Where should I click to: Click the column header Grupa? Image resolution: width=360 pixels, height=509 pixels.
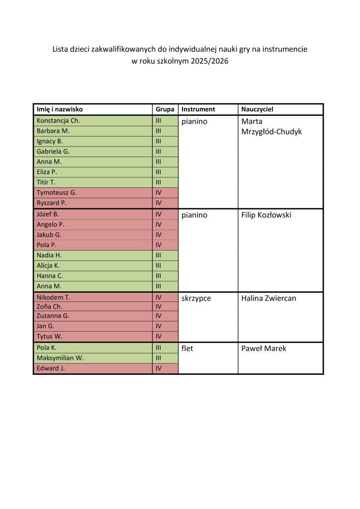[165, 109]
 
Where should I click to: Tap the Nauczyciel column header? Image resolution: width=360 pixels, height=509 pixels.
[257, 109]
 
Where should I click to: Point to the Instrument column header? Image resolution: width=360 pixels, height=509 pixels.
[198, 109]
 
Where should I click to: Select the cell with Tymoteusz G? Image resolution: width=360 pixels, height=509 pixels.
[57, 192]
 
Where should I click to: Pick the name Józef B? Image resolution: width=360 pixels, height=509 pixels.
[48, 214]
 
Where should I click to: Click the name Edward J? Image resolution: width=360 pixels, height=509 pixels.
[51, 368]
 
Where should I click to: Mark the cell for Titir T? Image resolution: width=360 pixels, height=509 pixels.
[46, 182]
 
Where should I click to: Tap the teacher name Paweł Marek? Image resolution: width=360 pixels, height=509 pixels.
[264, 348]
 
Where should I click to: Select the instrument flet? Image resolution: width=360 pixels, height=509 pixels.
[187, 348]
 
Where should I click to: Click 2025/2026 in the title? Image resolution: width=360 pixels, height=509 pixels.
[207, 62]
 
